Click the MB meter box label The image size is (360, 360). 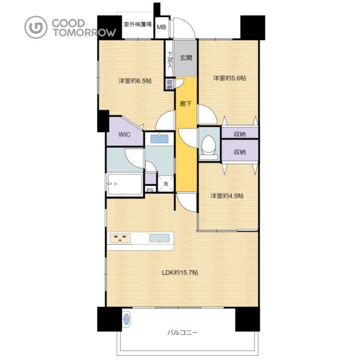[161, 27]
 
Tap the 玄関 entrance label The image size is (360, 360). [186, 58]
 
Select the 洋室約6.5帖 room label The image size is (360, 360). [135, 81]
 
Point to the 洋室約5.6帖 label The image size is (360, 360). [229, 78]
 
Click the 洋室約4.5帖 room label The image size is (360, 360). [227, 196]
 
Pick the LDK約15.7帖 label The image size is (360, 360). [180, 272]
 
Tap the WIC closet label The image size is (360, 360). [124, 134]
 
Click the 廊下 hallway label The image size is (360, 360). [185, 104]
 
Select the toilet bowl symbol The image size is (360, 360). [208, 148]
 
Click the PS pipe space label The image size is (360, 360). [150, 190]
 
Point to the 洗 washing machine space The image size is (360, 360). [166, 184]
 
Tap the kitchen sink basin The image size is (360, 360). [160, 238]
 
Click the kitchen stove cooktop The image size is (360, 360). [121, 238]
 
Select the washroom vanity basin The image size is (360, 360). [160, 139]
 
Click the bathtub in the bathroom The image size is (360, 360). [124, 184]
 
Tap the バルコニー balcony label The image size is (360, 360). [182, 332]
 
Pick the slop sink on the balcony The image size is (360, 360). [126, 319]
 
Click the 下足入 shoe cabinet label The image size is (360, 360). [169, 60]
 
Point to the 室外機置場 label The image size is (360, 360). [137, 24]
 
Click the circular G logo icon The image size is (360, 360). [36, 27]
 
